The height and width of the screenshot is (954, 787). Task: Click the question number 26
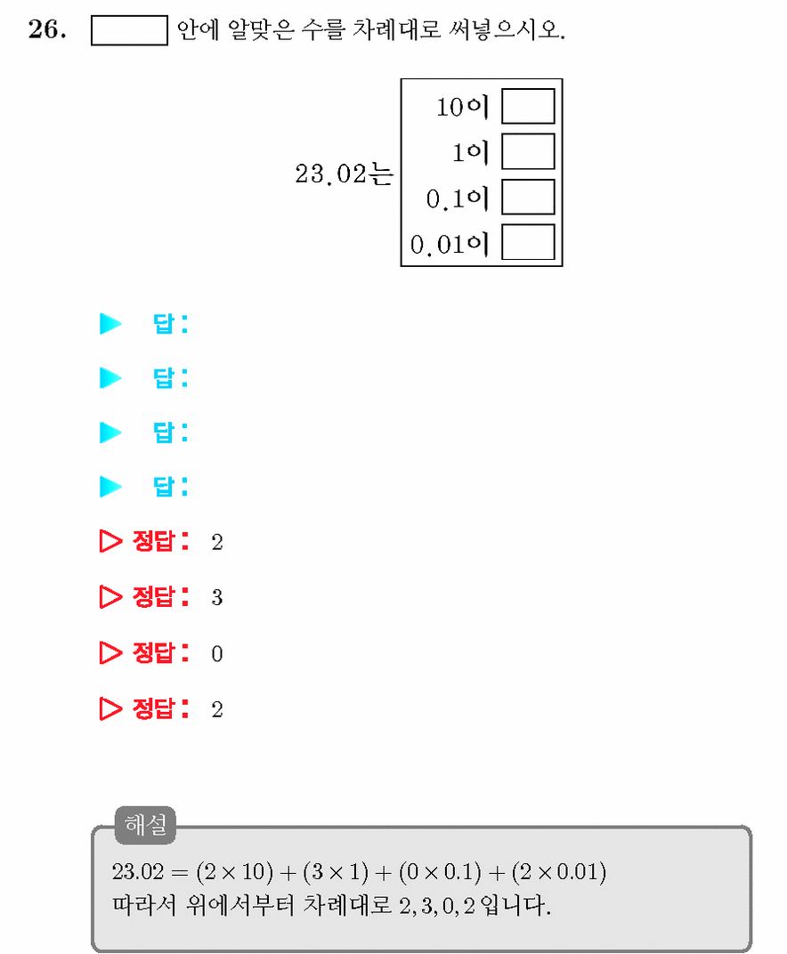tap(47, 29)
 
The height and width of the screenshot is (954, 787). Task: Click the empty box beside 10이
tap(528, 107)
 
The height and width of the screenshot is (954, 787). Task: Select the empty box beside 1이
tap(528, 151)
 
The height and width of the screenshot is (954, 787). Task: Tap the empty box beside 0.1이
tap(528, 197)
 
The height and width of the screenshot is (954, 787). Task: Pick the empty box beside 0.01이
tap(528, 241)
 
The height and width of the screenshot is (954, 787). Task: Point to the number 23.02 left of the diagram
tap(331, 174)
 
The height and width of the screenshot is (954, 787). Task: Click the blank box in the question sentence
tap(129, 30)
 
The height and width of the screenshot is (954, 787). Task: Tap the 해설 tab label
tap(145, 825)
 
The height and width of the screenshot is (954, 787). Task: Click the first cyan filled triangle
tap(110, 324)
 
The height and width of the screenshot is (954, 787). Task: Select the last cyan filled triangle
tap(110, 487)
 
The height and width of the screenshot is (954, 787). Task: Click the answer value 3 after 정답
tap(216, 597)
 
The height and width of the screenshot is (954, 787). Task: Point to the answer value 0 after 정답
tap(216, 653)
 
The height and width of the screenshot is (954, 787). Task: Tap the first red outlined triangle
tap(110, 541)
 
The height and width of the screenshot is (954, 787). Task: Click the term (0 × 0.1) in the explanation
tap(440, 872)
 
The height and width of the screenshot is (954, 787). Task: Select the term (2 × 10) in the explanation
tap(234, 872)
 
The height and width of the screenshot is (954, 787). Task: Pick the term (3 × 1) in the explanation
tap(336, 872)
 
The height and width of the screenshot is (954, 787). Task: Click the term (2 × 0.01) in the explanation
tap(559, 872)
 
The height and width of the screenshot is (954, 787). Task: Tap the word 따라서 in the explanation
tap(144, 906)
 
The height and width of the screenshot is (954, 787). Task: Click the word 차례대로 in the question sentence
tap(396, 29)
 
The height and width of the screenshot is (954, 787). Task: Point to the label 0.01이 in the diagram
tap(450, 244)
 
